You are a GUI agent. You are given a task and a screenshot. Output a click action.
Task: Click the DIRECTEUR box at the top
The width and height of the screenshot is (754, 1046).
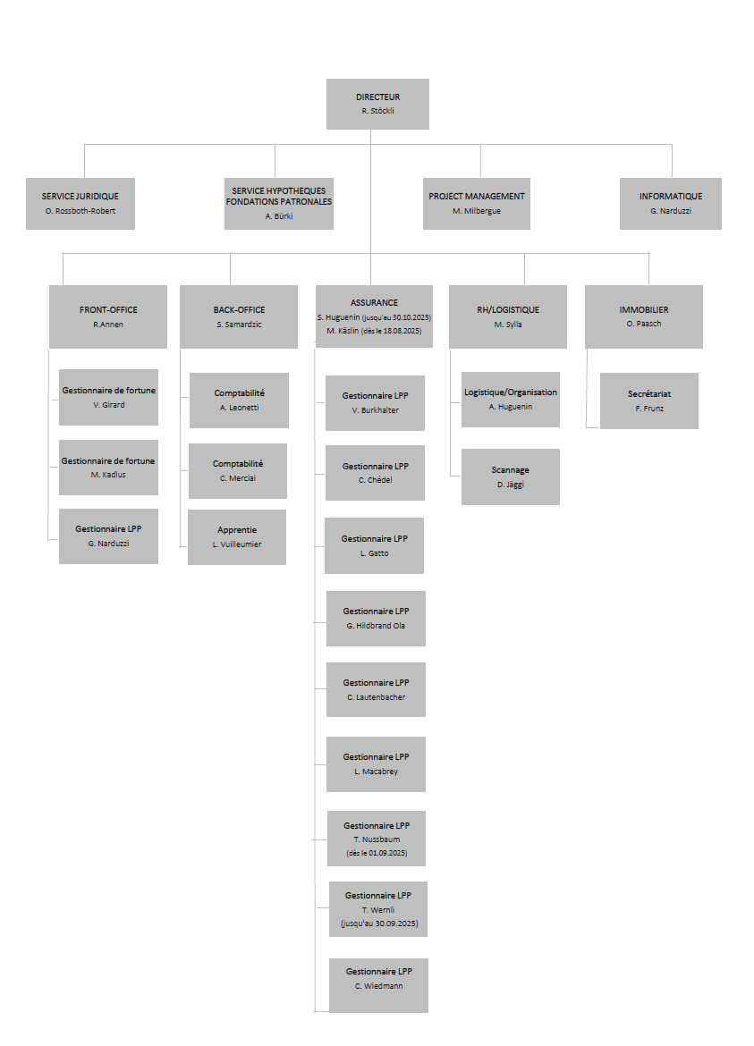377,104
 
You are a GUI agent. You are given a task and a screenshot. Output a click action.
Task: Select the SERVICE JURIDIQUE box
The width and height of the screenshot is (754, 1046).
80,204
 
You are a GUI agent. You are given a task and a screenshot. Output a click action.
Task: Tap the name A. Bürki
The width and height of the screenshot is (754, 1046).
279,216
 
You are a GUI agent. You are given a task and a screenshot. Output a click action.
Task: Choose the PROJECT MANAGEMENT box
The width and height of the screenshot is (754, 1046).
477,204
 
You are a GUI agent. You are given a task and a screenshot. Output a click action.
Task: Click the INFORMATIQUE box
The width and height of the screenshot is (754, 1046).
671,204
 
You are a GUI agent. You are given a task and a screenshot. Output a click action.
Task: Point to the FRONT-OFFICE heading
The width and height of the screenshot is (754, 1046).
108,309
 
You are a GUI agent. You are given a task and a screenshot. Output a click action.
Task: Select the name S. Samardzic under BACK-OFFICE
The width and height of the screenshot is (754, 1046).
239,325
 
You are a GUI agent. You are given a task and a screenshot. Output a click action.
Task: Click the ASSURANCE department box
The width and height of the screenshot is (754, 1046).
374,316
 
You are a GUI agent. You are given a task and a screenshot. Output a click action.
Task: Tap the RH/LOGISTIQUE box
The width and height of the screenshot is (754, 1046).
508,316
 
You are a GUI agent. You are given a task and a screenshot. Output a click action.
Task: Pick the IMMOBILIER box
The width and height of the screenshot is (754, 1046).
644,316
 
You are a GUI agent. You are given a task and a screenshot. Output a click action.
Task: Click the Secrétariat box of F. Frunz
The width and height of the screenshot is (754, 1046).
649,401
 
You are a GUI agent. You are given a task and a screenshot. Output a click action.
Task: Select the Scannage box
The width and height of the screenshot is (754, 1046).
511,477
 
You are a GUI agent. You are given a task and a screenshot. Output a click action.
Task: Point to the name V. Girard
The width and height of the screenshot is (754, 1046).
109,405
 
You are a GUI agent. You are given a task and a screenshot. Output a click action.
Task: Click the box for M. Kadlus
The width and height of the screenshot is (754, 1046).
108,467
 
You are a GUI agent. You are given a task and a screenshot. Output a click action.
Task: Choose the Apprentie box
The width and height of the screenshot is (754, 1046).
237,537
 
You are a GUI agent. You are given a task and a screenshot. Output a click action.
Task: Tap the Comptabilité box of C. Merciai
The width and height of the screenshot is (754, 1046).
238,471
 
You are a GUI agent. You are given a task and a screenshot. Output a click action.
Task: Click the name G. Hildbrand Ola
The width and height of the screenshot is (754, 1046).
376,626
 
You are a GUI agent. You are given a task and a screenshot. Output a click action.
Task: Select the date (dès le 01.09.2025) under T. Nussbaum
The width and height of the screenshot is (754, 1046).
377,853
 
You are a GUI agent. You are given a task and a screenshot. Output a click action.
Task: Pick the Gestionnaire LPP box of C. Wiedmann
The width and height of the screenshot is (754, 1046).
378,985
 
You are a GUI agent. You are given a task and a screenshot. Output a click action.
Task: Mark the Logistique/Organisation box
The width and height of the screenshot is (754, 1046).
511,400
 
